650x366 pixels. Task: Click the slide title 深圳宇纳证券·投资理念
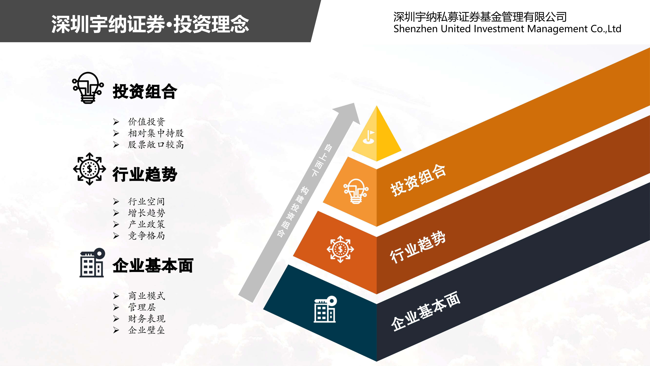(x=150, y=24)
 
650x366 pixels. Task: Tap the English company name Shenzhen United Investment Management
(x=491, y=29)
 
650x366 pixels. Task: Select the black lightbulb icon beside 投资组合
(x=88, y=88)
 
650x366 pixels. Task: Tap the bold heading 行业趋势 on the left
(x=145, y=174)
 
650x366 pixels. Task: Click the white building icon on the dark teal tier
(x=325, y=309)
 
